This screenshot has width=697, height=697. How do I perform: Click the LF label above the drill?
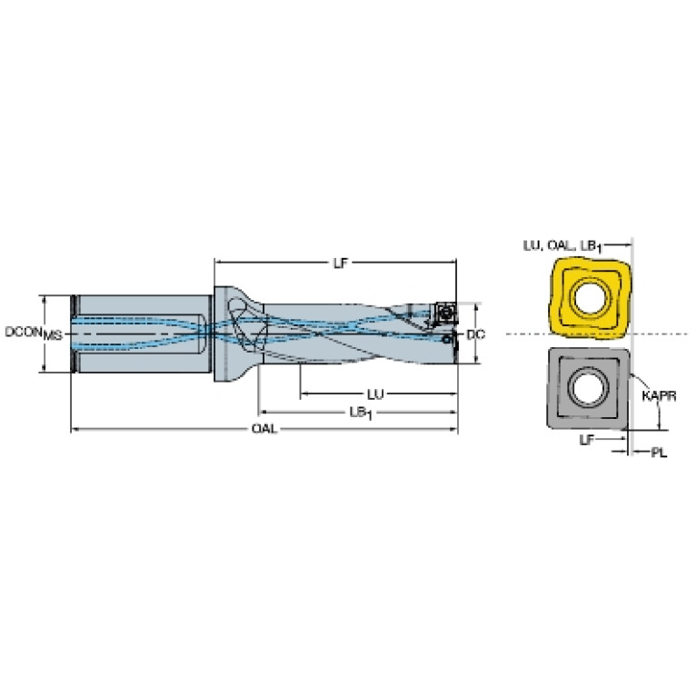340,264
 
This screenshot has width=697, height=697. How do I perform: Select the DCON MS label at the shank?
34,333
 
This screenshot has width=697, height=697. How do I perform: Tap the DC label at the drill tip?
475,334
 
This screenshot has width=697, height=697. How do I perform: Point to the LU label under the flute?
375,393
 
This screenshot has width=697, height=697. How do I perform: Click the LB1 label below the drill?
361,413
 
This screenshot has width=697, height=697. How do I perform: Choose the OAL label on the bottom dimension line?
264,429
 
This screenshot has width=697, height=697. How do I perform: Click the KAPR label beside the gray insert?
659,395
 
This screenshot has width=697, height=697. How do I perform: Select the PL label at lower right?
659,453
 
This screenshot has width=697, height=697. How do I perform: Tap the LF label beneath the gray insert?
586,440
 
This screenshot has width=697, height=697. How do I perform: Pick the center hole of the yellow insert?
590,297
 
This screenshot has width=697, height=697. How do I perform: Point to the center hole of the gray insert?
589,388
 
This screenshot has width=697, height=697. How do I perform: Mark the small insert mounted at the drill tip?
444,314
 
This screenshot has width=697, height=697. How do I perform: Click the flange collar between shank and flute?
230,334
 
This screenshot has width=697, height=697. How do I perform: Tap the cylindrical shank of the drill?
144,334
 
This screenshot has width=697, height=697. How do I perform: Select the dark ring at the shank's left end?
75,334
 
